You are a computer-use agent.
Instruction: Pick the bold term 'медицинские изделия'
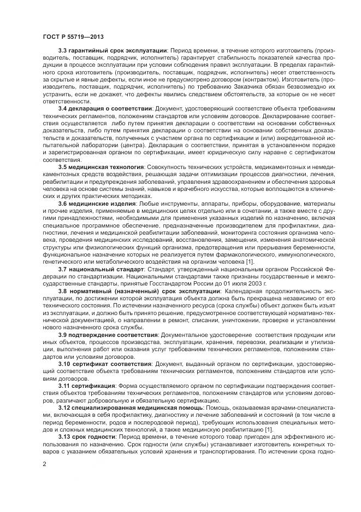[x=100, y=203]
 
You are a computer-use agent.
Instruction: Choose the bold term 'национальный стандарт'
[x=107, y=270]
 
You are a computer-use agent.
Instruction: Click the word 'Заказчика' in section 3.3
[x=223, y=87]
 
